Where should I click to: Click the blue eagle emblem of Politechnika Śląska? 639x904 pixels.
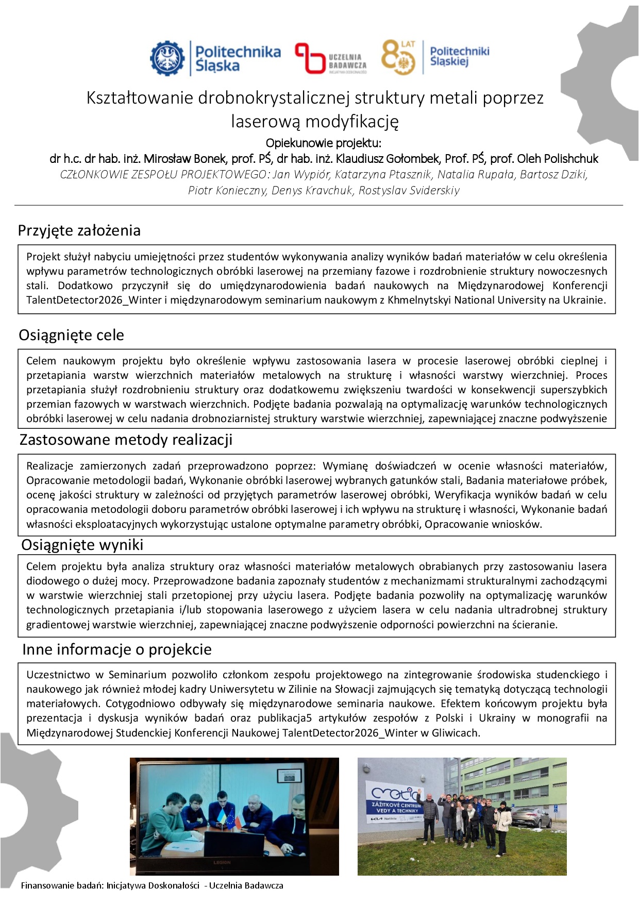click(x=167, y=58)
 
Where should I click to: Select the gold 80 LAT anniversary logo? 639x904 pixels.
click(x=398, y=57)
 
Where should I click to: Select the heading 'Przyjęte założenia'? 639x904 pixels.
click(x=79, y=230)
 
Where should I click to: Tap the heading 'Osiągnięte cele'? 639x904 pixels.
click(x=71, y=335)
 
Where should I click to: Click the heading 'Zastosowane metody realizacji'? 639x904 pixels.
click(x=126, y=440)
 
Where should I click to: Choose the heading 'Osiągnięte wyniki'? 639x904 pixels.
click(x=82, y=545)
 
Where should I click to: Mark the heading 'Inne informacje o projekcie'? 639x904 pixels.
click(x=116, y=649)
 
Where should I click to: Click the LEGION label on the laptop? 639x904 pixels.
click(x=222, y=862)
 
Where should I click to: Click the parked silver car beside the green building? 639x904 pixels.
click(x=530, y=817)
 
